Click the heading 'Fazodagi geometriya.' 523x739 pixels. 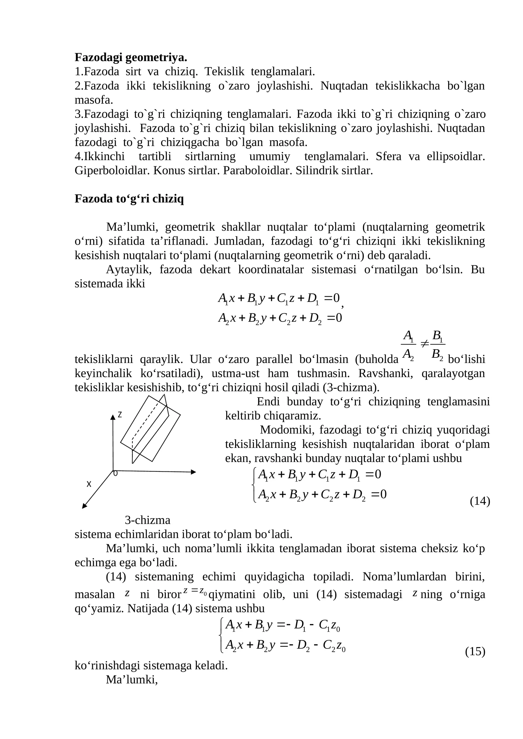point(131,57)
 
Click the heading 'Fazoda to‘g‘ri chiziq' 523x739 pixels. point(129,199)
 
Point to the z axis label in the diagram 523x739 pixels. point(120,415)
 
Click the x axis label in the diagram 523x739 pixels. point(89,484)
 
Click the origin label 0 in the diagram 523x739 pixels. point(115,473)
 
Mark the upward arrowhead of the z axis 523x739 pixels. point(113,417)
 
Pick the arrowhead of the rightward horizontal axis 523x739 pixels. point(194,472)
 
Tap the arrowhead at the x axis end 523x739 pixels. point(84,506)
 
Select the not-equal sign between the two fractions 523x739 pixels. point(424,343)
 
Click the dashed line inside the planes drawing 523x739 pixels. point(145,421)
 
